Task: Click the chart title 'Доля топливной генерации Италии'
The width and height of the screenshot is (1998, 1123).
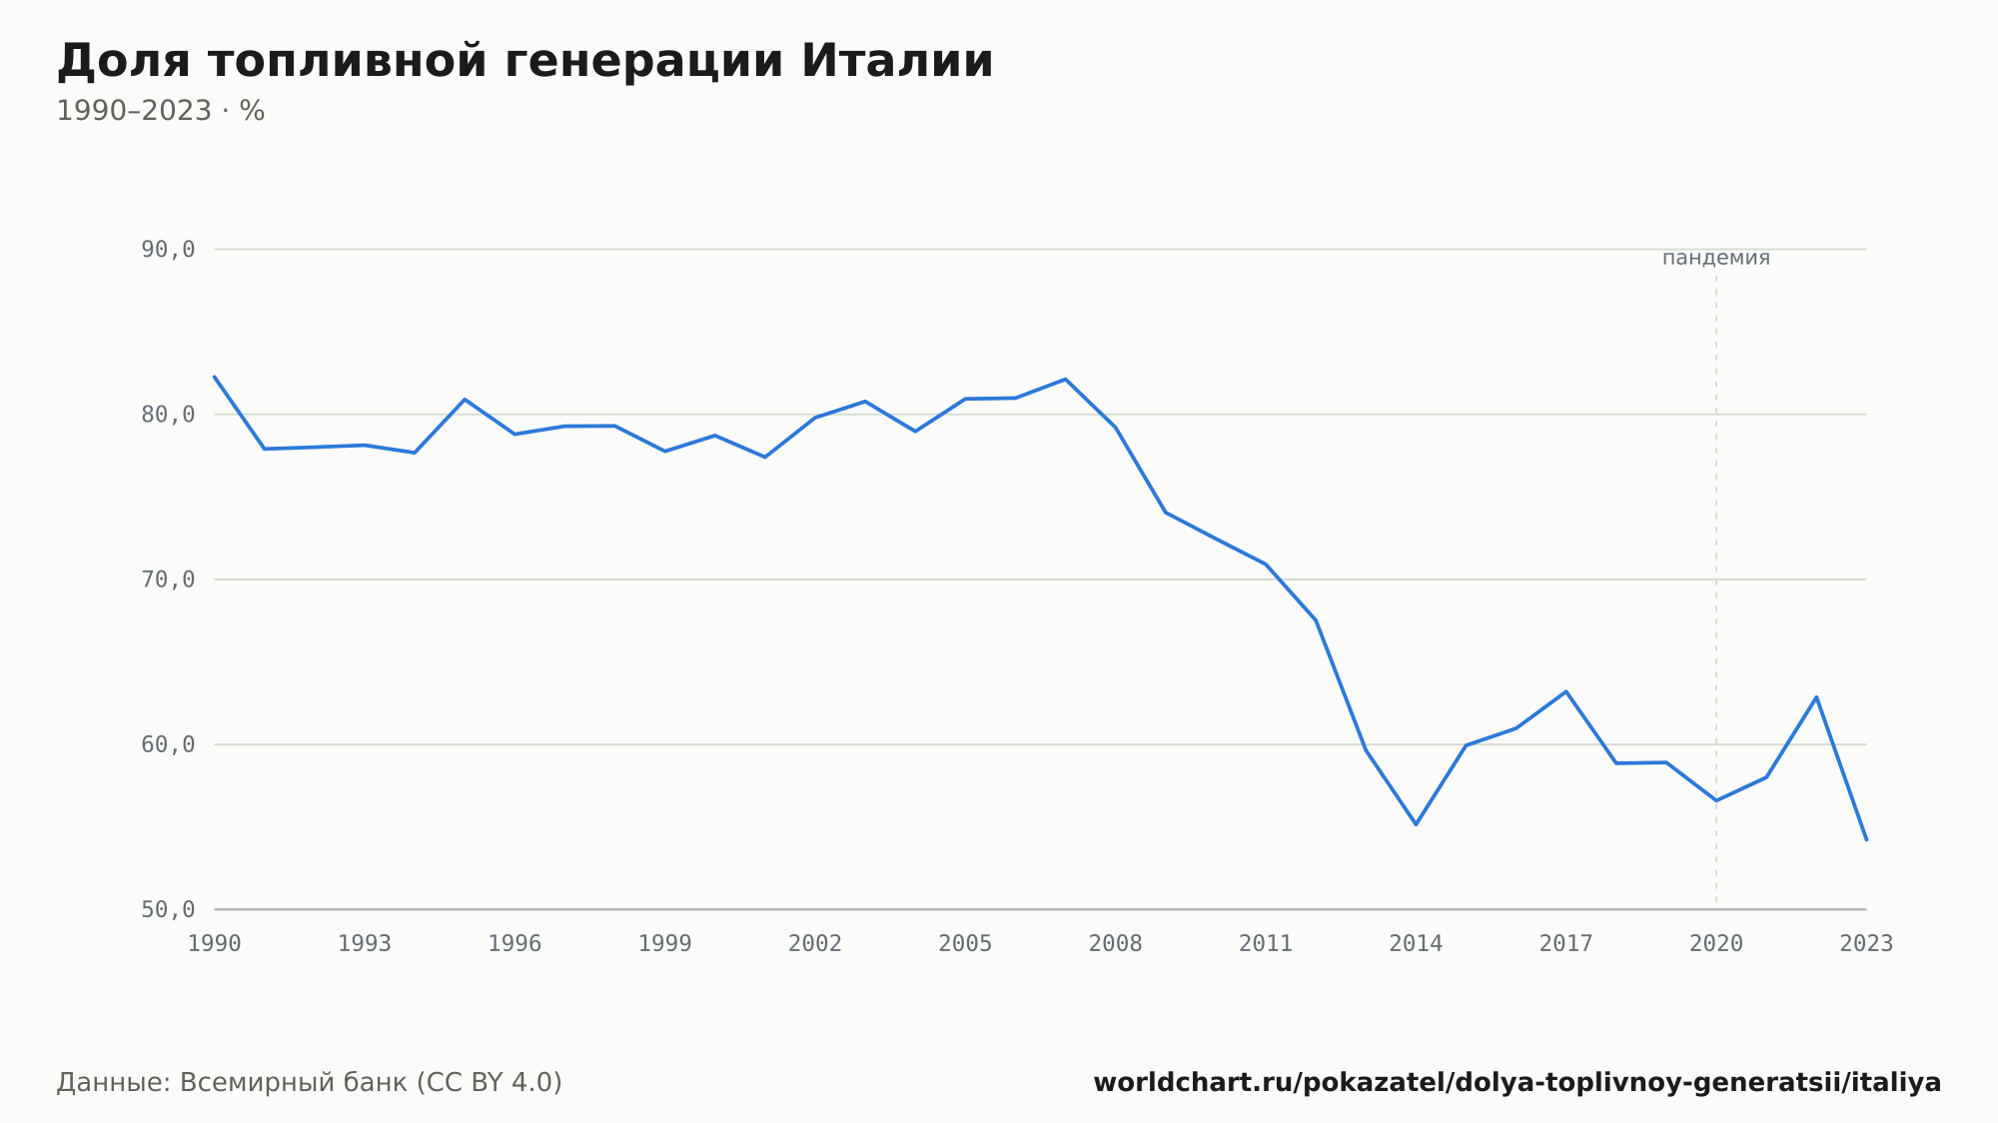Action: [x=525, y=61]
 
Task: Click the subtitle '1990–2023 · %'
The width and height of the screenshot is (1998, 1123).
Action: [x=161, y=111]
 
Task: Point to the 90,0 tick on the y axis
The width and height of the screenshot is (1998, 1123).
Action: [x=168, y=250]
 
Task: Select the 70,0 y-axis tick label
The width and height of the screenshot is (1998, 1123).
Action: [x=168, y=579]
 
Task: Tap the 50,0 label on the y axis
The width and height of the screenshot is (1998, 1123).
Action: [x=168, y=909]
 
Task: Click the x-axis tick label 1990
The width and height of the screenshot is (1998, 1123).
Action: [x=215, y=944]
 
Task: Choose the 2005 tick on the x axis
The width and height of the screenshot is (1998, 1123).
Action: [x=965, y=944]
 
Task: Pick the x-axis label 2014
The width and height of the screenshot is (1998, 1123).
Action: [x=1416, y=944]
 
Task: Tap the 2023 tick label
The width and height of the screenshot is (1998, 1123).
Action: [x=1866, y=944]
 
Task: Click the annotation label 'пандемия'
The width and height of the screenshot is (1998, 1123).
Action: [x=1716, y=258]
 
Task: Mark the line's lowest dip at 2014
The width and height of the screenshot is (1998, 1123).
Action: [x=1416, y=824]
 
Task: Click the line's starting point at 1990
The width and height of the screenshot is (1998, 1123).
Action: [x=215, y=377]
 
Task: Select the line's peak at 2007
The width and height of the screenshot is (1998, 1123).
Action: [x=1066, y=379]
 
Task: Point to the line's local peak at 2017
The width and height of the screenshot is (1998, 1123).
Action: [x=1566, y=691]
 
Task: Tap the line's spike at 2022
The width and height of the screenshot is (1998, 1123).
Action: [x=1816, y=696]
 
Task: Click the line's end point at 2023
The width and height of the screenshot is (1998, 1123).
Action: [x=1866, y=839]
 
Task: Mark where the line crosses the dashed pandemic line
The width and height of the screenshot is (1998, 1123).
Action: [x=1716, y=800]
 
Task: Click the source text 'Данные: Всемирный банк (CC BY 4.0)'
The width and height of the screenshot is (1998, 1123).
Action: [x=310, y=1083]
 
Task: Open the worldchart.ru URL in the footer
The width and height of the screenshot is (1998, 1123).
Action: [x=1517, y=1083]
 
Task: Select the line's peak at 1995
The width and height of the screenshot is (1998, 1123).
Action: [x=465, y=399]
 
